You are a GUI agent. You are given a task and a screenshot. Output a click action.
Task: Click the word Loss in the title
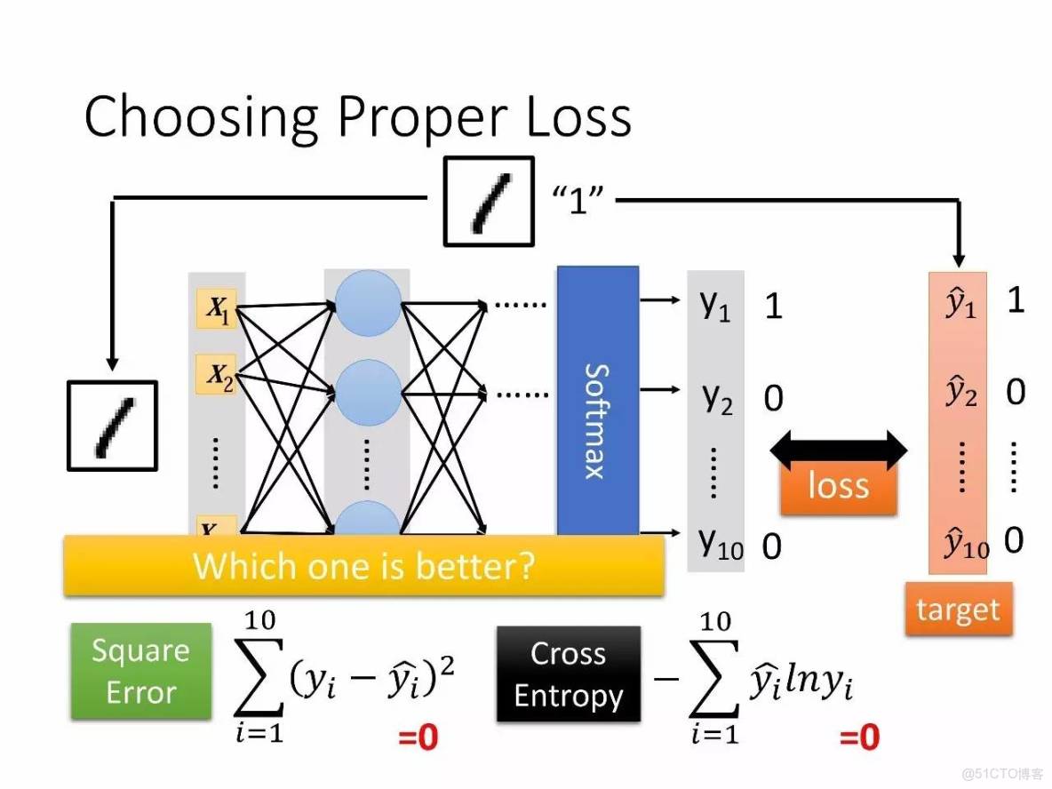coord(578,116)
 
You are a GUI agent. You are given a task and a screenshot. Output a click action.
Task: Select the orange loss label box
coord(838,486)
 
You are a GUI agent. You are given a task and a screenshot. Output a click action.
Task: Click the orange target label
coord(958,610)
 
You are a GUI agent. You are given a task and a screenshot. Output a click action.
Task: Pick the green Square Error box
coord(141,671)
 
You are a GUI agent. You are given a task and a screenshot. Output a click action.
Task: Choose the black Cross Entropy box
coord(568,674)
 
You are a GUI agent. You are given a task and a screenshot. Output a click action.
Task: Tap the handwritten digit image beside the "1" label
coord(490,201)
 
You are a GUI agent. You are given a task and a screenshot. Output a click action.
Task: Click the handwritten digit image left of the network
coord(112,426)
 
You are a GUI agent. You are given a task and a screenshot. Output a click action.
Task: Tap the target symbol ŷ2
coord(960,391)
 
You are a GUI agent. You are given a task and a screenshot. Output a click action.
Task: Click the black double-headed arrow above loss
coord(838,450)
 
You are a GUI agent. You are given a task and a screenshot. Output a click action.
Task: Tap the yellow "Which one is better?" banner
coord(363,565)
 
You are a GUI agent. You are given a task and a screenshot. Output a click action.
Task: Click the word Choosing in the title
coord(201,116)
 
